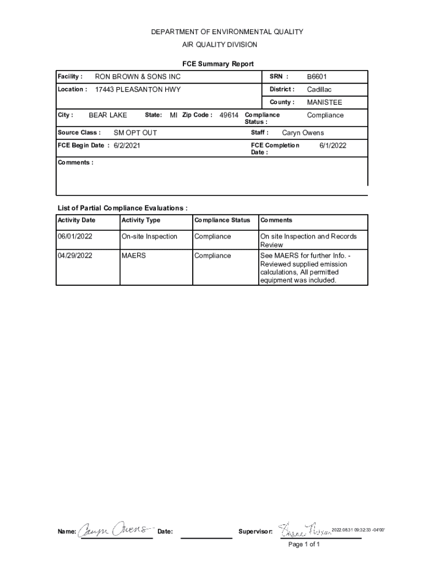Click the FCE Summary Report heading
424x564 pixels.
218,64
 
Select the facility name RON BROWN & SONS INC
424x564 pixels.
138,77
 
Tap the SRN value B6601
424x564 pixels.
317,77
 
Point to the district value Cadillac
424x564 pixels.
319,89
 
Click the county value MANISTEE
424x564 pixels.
324,102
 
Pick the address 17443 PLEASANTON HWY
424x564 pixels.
138,89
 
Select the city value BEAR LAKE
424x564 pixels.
108,115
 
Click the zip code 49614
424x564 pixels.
229,115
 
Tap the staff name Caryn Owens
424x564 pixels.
303,133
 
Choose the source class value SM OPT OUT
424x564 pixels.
135,133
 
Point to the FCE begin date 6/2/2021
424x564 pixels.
127,145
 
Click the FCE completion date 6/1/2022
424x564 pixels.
333,145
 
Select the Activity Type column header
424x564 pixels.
141,220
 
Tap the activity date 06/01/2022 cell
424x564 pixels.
75,236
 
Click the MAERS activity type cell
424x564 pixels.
134,256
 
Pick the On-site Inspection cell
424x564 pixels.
149,236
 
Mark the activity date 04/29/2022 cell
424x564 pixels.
75,256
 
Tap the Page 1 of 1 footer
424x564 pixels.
304,544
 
